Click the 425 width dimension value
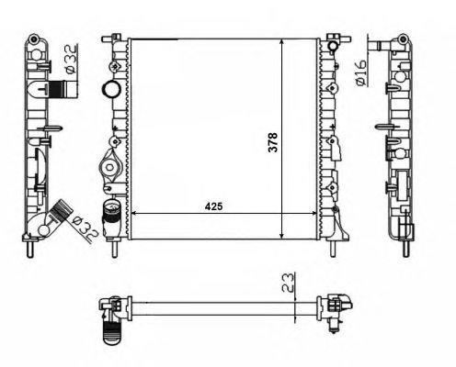coord(213,206)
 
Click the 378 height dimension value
coord(272,142)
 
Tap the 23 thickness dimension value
coord(288,283)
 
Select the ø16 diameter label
coord(361,72)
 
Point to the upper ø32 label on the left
coord(71,60)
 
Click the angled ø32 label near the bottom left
coord(85,228)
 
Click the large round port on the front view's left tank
coord(110,89)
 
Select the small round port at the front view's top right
coord(333,46)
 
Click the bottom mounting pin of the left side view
coord(30,249)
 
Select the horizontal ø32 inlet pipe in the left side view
coord(63,89)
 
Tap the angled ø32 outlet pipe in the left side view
coord(59,212)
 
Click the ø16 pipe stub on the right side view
coord(380,46)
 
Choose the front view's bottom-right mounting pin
coord(333,249)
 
